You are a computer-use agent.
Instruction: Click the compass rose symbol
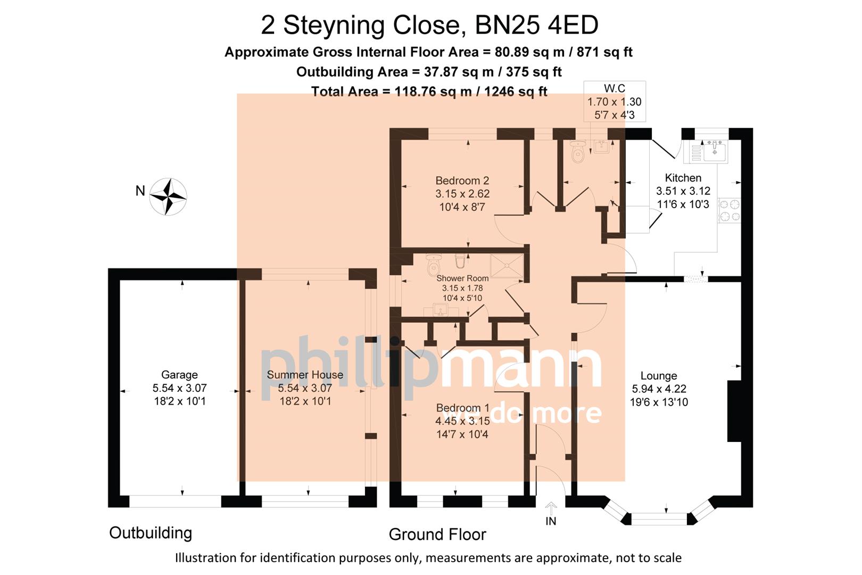point(168,196)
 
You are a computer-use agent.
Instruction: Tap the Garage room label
point(179,375)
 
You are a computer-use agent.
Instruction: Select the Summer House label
point(305,375)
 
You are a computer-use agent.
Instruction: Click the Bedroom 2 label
point(462,180)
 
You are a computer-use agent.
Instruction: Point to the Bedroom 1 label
point(462,408)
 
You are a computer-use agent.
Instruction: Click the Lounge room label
point(659,376)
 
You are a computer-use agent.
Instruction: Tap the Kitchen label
point(683,178)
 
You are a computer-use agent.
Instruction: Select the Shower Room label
point(462,278)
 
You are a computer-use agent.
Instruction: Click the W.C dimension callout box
point(615,101)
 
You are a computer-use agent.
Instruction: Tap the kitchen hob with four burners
point(730,210)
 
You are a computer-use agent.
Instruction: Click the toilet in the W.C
point(577,152)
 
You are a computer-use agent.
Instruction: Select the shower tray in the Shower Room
point(507,266)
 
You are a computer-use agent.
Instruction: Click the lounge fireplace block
point(734,410)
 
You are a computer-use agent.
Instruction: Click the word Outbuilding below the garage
point(151,532)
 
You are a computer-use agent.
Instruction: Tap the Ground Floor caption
point(437,534)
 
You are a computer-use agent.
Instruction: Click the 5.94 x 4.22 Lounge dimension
point(659,389)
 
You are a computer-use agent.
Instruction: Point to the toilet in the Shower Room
point(434,262)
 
